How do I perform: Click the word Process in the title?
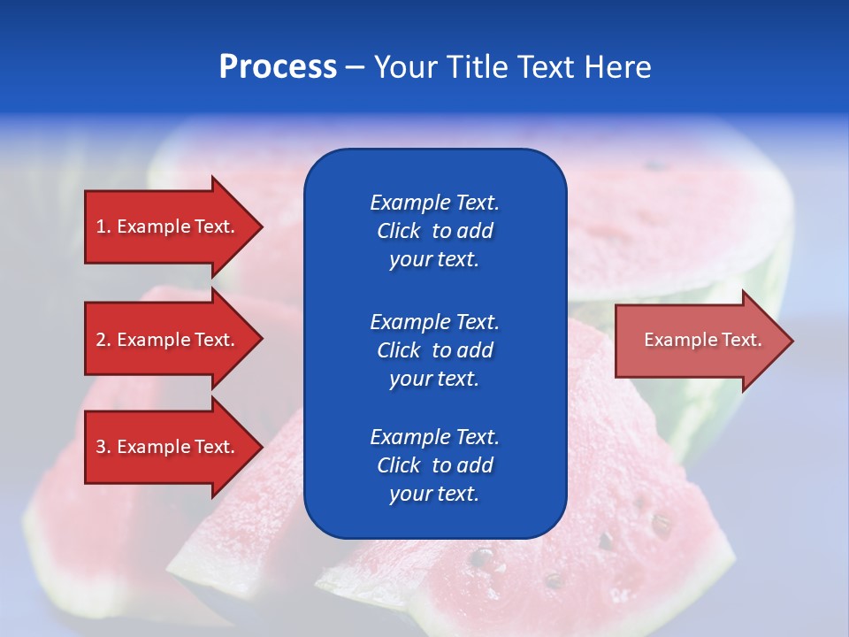278,67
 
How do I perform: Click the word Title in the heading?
477,67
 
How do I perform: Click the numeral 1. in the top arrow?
103,226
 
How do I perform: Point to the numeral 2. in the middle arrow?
103,340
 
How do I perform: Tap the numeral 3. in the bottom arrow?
103,447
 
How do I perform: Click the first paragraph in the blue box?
434,231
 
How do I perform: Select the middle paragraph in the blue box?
434,350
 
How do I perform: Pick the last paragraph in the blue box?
434,465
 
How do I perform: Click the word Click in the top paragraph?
399,231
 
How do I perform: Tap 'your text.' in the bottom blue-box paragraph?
434,494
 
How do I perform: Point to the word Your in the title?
403,67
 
